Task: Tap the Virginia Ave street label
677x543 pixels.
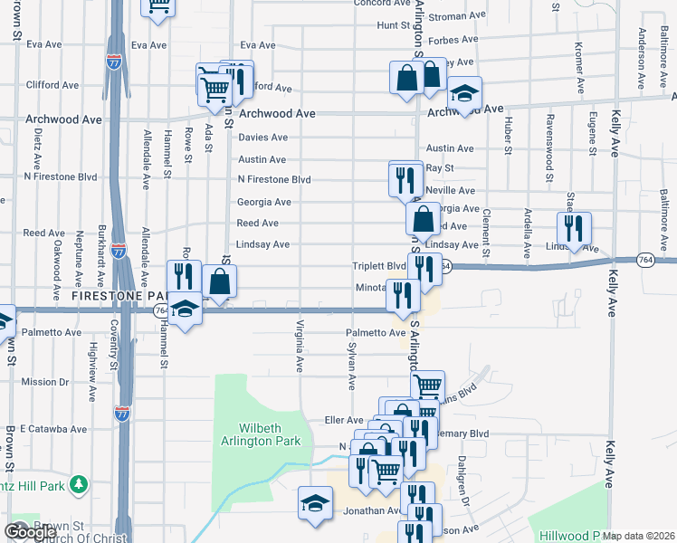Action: (300, 346)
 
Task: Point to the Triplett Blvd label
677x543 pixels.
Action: (379, 266)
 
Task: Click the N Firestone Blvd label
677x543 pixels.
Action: (273, 180)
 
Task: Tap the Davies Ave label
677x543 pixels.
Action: (262, 138)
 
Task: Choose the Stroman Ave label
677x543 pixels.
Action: (459, 16)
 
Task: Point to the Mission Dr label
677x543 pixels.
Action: (39, 382)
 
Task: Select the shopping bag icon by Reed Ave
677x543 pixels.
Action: (423, 219)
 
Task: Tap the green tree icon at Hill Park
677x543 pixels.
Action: (79, 485)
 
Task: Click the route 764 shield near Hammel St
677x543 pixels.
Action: (160, 310)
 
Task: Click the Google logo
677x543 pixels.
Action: (30, 532)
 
